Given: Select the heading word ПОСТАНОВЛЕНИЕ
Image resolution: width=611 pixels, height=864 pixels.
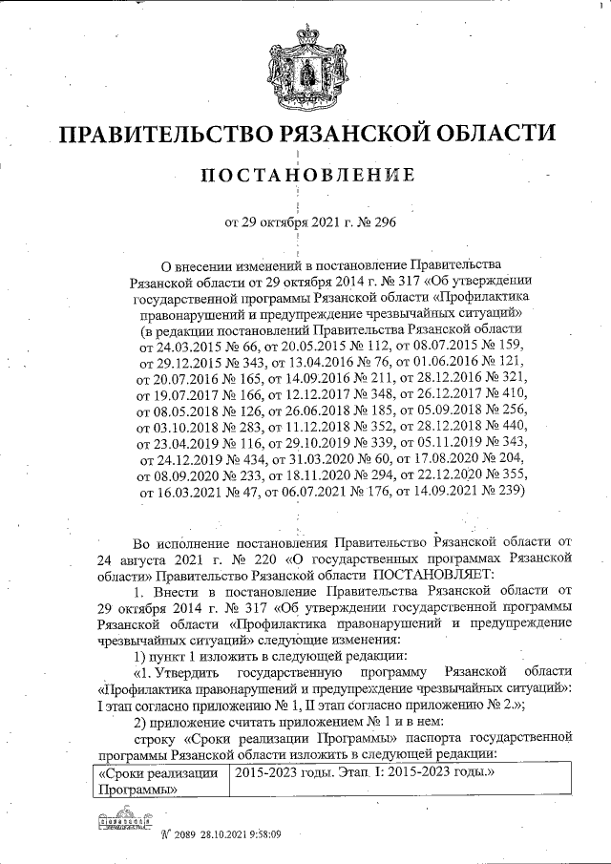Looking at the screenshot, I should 306,177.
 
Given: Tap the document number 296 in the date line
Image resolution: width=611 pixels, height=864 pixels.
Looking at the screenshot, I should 373,224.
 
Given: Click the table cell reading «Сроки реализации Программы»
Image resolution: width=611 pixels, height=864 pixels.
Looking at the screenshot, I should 158,781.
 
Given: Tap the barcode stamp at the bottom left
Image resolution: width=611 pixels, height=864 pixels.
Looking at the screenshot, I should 124,821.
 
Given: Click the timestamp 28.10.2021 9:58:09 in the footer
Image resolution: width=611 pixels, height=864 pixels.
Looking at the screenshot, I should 241,833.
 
